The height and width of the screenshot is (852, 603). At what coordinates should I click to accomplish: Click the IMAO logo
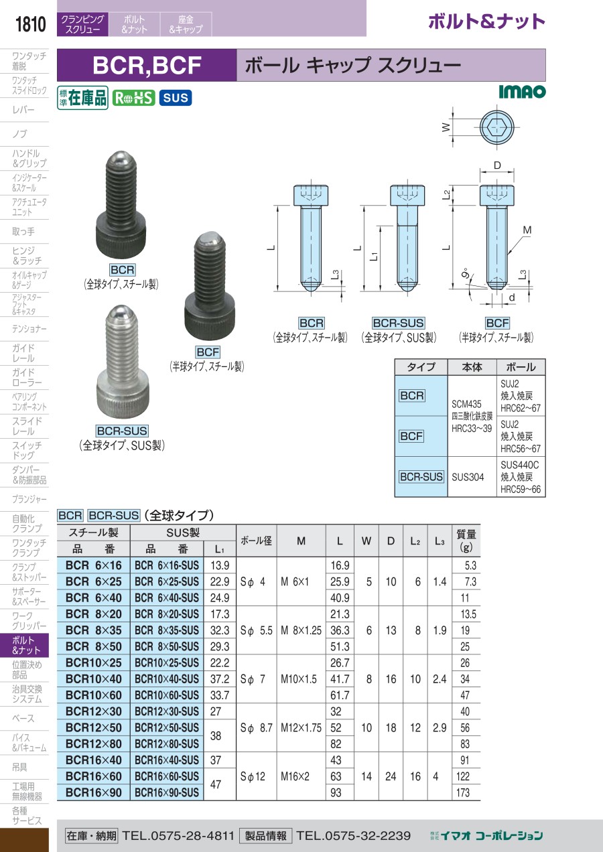(x=523, y=92)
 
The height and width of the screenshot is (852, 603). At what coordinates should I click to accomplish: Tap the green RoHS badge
(x=133, y=98)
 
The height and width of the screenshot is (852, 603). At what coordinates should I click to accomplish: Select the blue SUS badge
(x=176, y=98)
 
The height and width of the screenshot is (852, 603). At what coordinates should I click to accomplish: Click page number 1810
(x=30, y=24)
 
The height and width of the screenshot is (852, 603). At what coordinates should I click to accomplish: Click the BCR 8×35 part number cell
(x=94, y=630)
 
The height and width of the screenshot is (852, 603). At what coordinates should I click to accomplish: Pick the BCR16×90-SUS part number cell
(x=167, y=792)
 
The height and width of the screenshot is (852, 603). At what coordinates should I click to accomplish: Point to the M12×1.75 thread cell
(x=301, y=727)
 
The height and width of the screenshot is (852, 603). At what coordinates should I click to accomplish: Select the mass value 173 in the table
(x=463, y=792)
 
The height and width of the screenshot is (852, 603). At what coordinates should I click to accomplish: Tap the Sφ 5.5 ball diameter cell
(x=257, y=631)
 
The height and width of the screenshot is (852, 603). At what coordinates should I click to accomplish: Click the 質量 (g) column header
(x=466, y=541)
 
